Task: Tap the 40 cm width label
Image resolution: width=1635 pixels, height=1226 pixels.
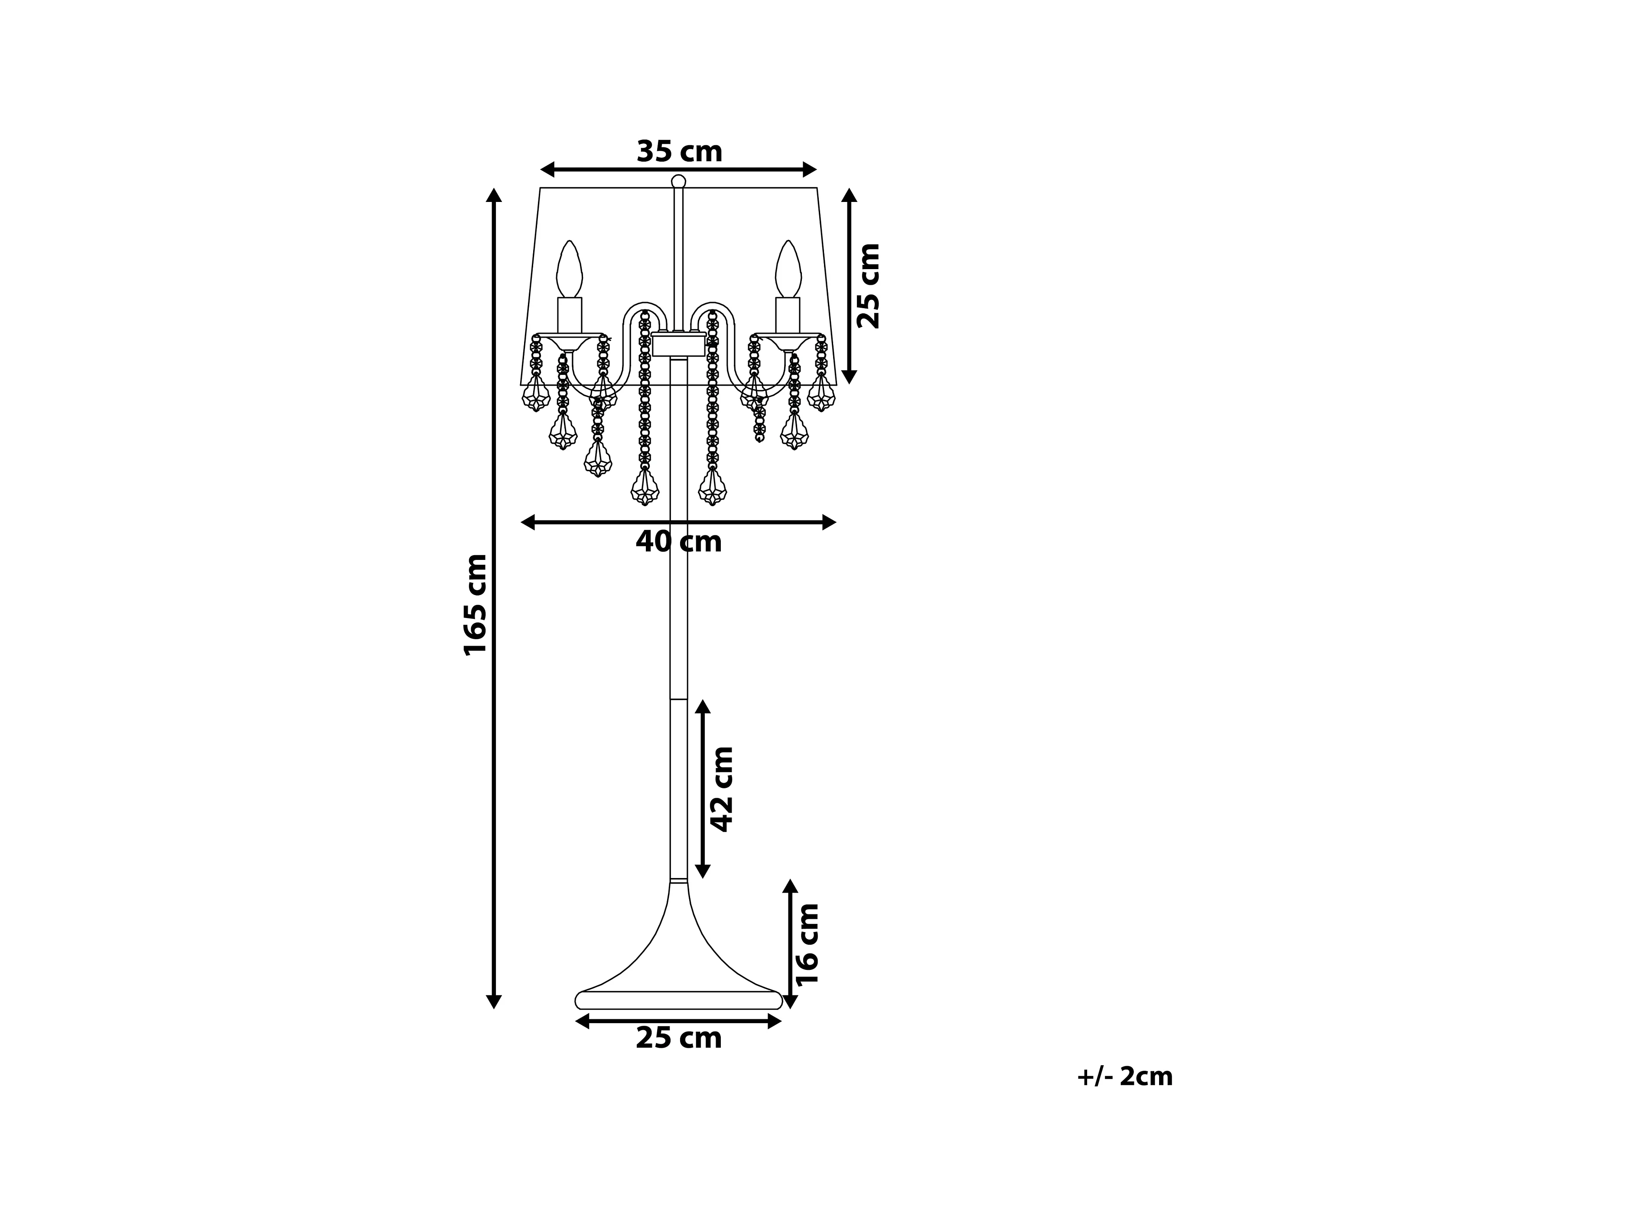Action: (678, 542)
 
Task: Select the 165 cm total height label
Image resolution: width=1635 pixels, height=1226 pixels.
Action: (475, 605)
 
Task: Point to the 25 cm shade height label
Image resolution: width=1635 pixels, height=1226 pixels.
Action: (869, 285)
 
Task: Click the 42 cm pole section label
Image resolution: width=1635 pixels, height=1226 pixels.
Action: (721, 789)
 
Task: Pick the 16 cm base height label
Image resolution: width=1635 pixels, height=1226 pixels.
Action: (807, 944)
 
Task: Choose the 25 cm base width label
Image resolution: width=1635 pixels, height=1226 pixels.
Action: (678, 1038)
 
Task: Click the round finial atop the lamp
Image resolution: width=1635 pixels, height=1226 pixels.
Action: (678, 182)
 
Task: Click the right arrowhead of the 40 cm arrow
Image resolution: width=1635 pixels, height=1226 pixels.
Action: (829, 523)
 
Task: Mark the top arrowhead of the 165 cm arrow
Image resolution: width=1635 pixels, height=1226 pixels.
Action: (494, 195)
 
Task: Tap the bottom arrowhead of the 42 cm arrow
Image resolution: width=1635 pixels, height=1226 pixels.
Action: (702, 871)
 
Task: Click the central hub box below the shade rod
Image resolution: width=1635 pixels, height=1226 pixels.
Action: (678, 345)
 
